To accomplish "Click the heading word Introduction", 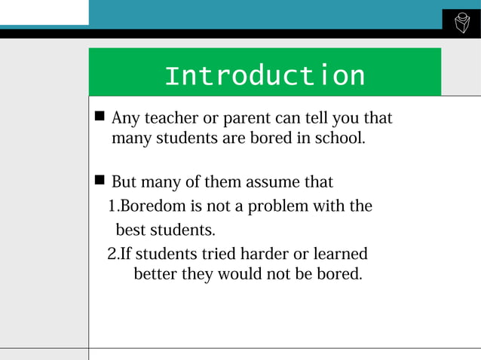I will (264, 75).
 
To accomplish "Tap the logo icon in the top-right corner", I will (461, 24).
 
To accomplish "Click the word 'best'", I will (130, 229).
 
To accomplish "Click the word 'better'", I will (155, 274).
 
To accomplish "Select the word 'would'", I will (239, 274).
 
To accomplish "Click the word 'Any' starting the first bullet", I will (124, 119).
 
